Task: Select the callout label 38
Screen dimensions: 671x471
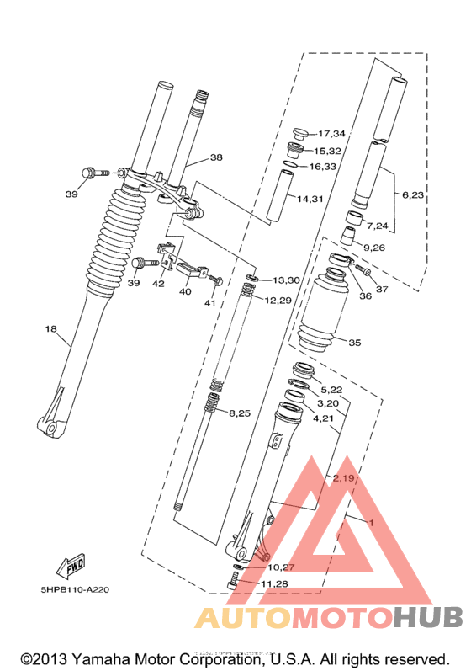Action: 216,157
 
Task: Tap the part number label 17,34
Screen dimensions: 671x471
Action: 331,134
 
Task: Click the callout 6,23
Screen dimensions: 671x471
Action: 414,195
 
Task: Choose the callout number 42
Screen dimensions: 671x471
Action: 158,284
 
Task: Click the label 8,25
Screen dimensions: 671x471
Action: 240,413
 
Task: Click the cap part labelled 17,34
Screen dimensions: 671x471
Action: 299,133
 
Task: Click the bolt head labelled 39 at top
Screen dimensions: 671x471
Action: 88,173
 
